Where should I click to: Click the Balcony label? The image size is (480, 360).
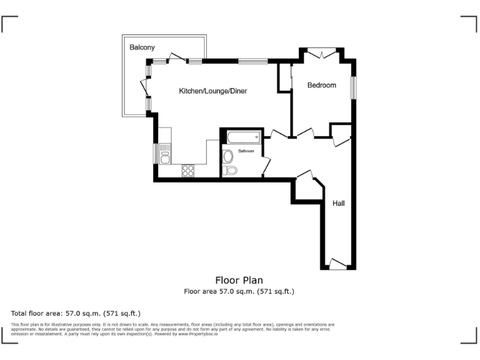(x=142, y=47)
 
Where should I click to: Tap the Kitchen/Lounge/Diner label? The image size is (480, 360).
(x=213, y=91)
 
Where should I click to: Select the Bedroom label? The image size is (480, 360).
(x=322, y=86)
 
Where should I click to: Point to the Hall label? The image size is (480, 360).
(x=338, y=203)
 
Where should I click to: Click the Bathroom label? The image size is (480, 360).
(x=246, y=151)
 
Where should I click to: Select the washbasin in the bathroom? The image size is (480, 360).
(x=227, y=156)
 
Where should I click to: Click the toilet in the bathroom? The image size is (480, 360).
(x=230, y=170)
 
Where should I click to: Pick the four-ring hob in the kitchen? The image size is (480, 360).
(x=187, y=170)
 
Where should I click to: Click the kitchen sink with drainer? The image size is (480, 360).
(x=164, y=153)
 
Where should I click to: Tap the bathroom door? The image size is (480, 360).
(x=266, y=166)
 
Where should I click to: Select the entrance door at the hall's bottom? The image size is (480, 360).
(x=337, y=265)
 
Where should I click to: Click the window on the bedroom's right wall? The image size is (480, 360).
(x=353, y=87)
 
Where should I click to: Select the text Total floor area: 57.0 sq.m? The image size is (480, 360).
(x=76, y=312)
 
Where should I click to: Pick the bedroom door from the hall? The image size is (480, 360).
(x=306, y=132)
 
